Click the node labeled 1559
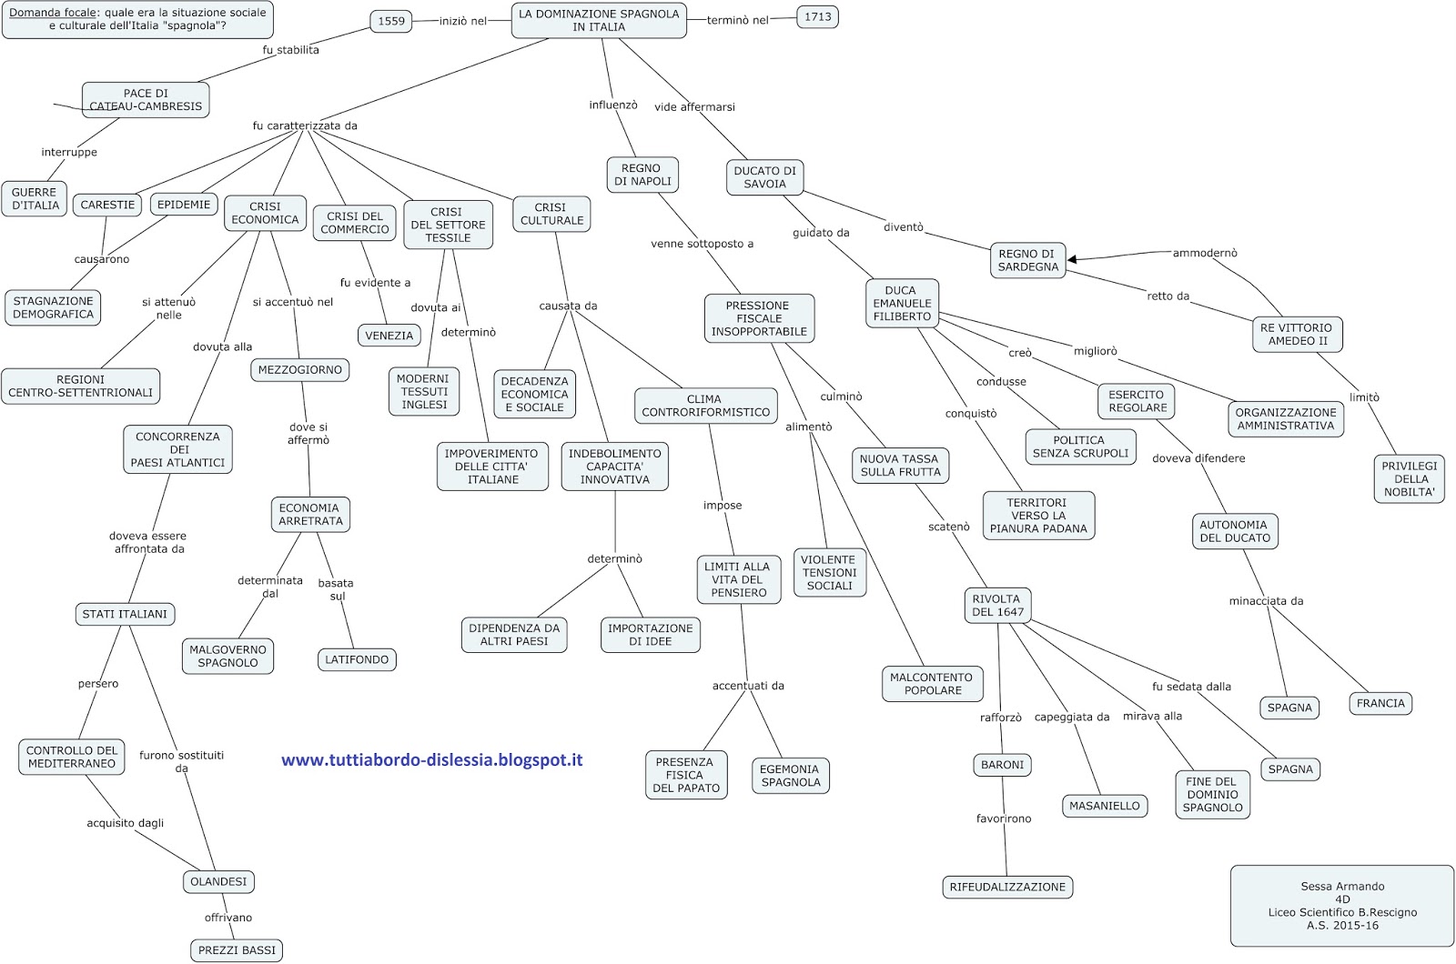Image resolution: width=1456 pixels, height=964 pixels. click(391, 21)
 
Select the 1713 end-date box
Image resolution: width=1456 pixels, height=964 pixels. click(817, 16)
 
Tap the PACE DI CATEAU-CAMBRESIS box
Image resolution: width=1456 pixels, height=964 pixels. click(146, 100)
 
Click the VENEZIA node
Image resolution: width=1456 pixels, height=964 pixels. click(389, 336)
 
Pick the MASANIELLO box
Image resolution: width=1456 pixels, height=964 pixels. click(1104, 806)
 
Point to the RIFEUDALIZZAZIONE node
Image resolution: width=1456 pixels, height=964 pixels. click(1007, 887)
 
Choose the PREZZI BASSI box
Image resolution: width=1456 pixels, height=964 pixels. click(237, 950)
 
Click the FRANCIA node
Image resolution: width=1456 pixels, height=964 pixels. click(1380, 703)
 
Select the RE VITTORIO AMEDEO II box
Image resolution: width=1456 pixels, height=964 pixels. click(1296, 335)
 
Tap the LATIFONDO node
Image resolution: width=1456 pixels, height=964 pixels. click(357, 659)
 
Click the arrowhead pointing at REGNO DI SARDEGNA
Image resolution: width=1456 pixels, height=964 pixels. click(1073, 259)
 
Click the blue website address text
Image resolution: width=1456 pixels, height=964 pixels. click(431, 760)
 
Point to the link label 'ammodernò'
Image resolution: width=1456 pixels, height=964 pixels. click(1205, 253)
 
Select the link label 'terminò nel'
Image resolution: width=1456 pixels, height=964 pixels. click(738, 20)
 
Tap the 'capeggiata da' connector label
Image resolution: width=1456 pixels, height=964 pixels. click(1072, 717)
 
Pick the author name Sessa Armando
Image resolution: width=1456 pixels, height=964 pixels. click(1342, 886)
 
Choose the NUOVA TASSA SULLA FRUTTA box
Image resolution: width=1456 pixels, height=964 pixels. click(900, 466)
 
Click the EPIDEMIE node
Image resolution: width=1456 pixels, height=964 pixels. click(184, 205)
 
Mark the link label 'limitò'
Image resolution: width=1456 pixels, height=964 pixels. click(1364, 397)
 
